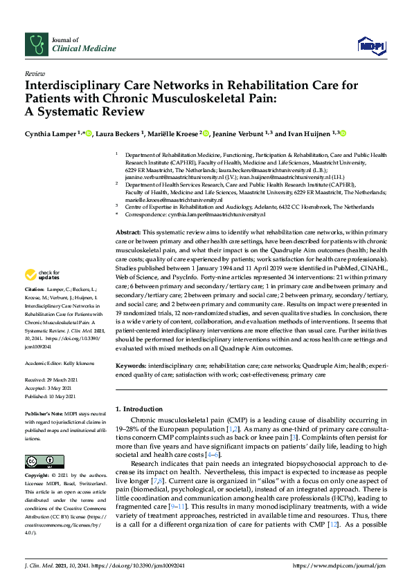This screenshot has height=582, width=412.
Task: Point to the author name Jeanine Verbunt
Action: pyautogui.click(x=238, y=134)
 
